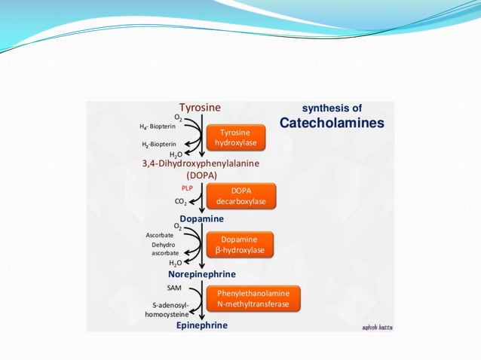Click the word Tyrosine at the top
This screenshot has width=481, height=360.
coord(200,108)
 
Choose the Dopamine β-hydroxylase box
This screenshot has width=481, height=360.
coord(240,244)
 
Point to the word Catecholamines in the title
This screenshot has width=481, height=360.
coord(332,122)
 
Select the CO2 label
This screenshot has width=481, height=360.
coord(181,201)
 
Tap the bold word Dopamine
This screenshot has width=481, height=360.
coord(201,218)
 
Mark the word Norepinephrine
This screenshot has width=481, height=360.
coord(201,274)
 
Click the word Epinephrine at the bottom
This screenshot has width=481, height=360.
coord(201,325)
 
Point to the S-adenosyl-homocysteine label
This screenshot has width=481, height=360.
coord(167,309)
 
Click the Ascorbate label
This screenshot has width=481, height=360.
coord(160,235)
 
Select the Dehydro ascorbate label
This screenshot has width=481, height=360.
coord(164,249)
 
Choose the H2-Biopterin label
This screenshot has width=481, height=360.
coord(159,143)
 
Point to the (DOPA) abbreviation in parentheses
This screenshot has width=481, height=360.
coord(201,175)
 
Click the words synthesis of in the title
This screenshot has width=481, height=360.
coord(332,108)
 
